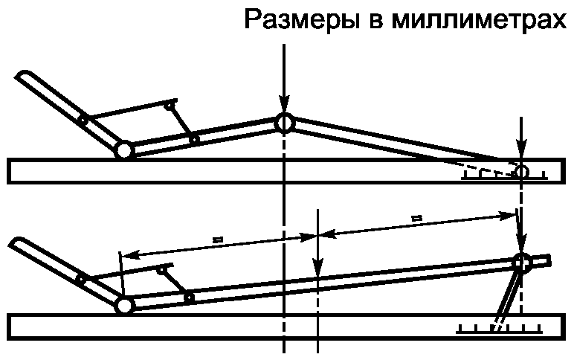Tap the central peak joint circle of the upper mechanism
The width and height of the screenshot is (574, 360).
tap(283, 122)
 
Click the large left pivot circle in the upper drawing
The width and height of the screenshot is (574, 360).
tap(123, 150)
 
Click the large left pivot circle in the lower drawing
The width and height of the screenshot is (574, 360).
tap(123, 305)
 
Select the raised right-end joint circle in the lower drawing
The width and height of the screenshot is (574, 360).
tap(521, 262)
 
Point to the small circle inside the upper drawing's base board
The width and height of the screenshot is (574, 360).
tap(521, 172)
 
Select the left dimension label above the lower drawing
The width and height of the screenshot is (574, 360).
tap(217, 239)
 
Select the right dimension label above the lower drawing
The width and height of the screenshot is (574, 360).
tap(416, 217)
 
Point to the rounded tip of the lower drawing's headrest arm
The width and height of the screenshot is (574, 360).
tap(17, 242)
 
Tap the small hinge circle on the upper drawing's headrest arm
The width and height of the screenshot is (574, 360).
tap(83, 119)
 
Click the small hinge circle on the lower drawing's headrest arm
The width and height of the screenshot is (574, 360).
tap(82, 279)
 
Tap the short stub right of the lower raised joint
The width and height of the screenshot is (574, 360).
tap(542, 260)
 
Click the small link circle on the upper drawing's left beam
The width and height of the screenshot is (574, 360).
tap(194, 139)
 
